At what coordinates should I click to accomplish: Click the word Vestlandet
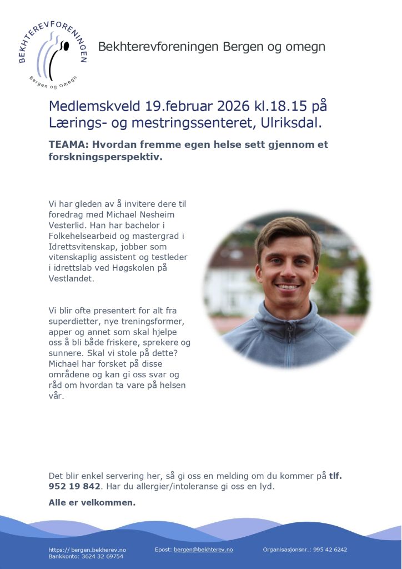72,278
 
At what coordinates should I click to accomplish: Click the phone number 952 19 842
75,486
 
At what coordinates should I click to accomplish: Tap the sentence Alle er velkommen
92,503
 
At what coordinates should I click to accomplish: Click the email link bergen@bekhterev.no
203,549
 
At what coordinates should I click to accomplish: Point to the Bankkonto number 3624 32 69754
102,556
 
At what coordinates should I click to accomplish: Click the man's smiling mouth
288,287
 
